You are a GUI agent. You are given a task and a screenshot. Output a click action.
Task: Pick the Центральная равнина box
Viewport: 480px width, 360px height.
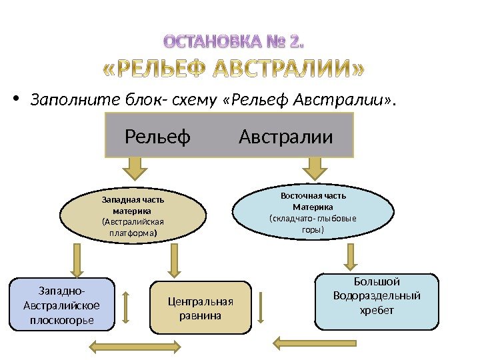(x=201, y=307)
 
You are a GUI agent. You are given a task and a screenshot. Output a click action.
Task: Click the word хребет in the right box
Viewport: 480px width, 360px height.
(x=377, y=311)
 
